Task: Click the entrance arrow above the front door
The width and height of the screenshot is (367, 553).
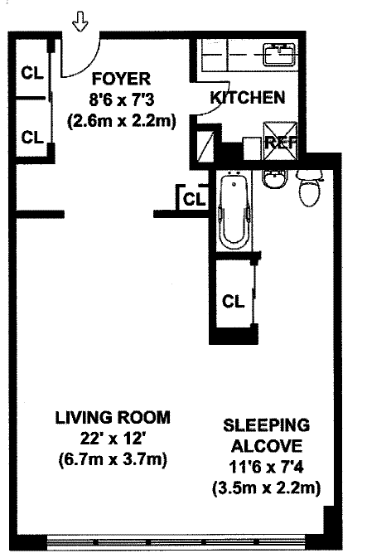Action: [x=80, y=22]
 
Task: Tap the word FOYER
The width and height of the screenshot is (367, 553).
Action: [x=121, y=79]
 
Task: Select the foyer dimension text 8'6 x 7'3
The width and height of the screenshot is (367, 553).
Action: [x=122, y=100]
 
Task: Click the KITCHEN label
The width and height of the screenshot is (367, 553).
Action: [x=248, y=97]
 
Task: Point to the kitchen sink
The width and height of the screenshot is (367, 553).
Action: [x=279, y=55]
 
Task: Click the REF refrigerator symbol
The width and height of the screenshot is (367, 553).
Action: [x=280, y=141]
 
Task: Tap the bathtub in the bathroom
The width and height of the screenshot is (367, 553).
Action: [x=234, y=211]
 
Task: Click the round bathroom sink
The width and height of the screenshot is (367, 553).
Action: [x=275, y=178]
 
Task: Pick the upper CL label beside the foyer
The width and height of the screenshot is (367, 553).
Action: [x=32, y=73]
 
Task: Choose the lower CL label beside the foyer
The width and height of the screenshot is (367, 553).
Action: [x=32, y=137]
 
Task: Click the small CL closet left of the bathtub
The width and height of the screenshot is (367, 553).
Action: [x=194, y=199]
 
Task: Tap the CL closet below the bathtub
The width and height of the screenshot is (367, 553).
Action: [x=233, y=301]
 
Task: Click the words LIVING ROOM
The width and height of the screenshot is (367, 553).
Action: [x=113, y=418]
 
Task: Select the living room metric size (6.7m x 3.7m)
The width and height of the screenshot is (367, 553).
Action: [x=113, y=460]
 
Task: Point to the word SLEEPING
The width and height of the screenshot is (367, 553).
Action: [x=267, y=425]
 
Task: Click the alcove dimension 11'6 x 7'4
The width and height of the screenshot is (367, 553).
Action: [x=267, y=468]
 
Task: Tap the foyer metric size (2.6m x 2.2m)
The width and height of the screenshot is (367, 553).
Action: [x=122, y=122]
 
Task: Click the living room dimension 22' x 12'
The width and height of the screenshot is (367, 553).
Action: [x=113, y=439]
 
